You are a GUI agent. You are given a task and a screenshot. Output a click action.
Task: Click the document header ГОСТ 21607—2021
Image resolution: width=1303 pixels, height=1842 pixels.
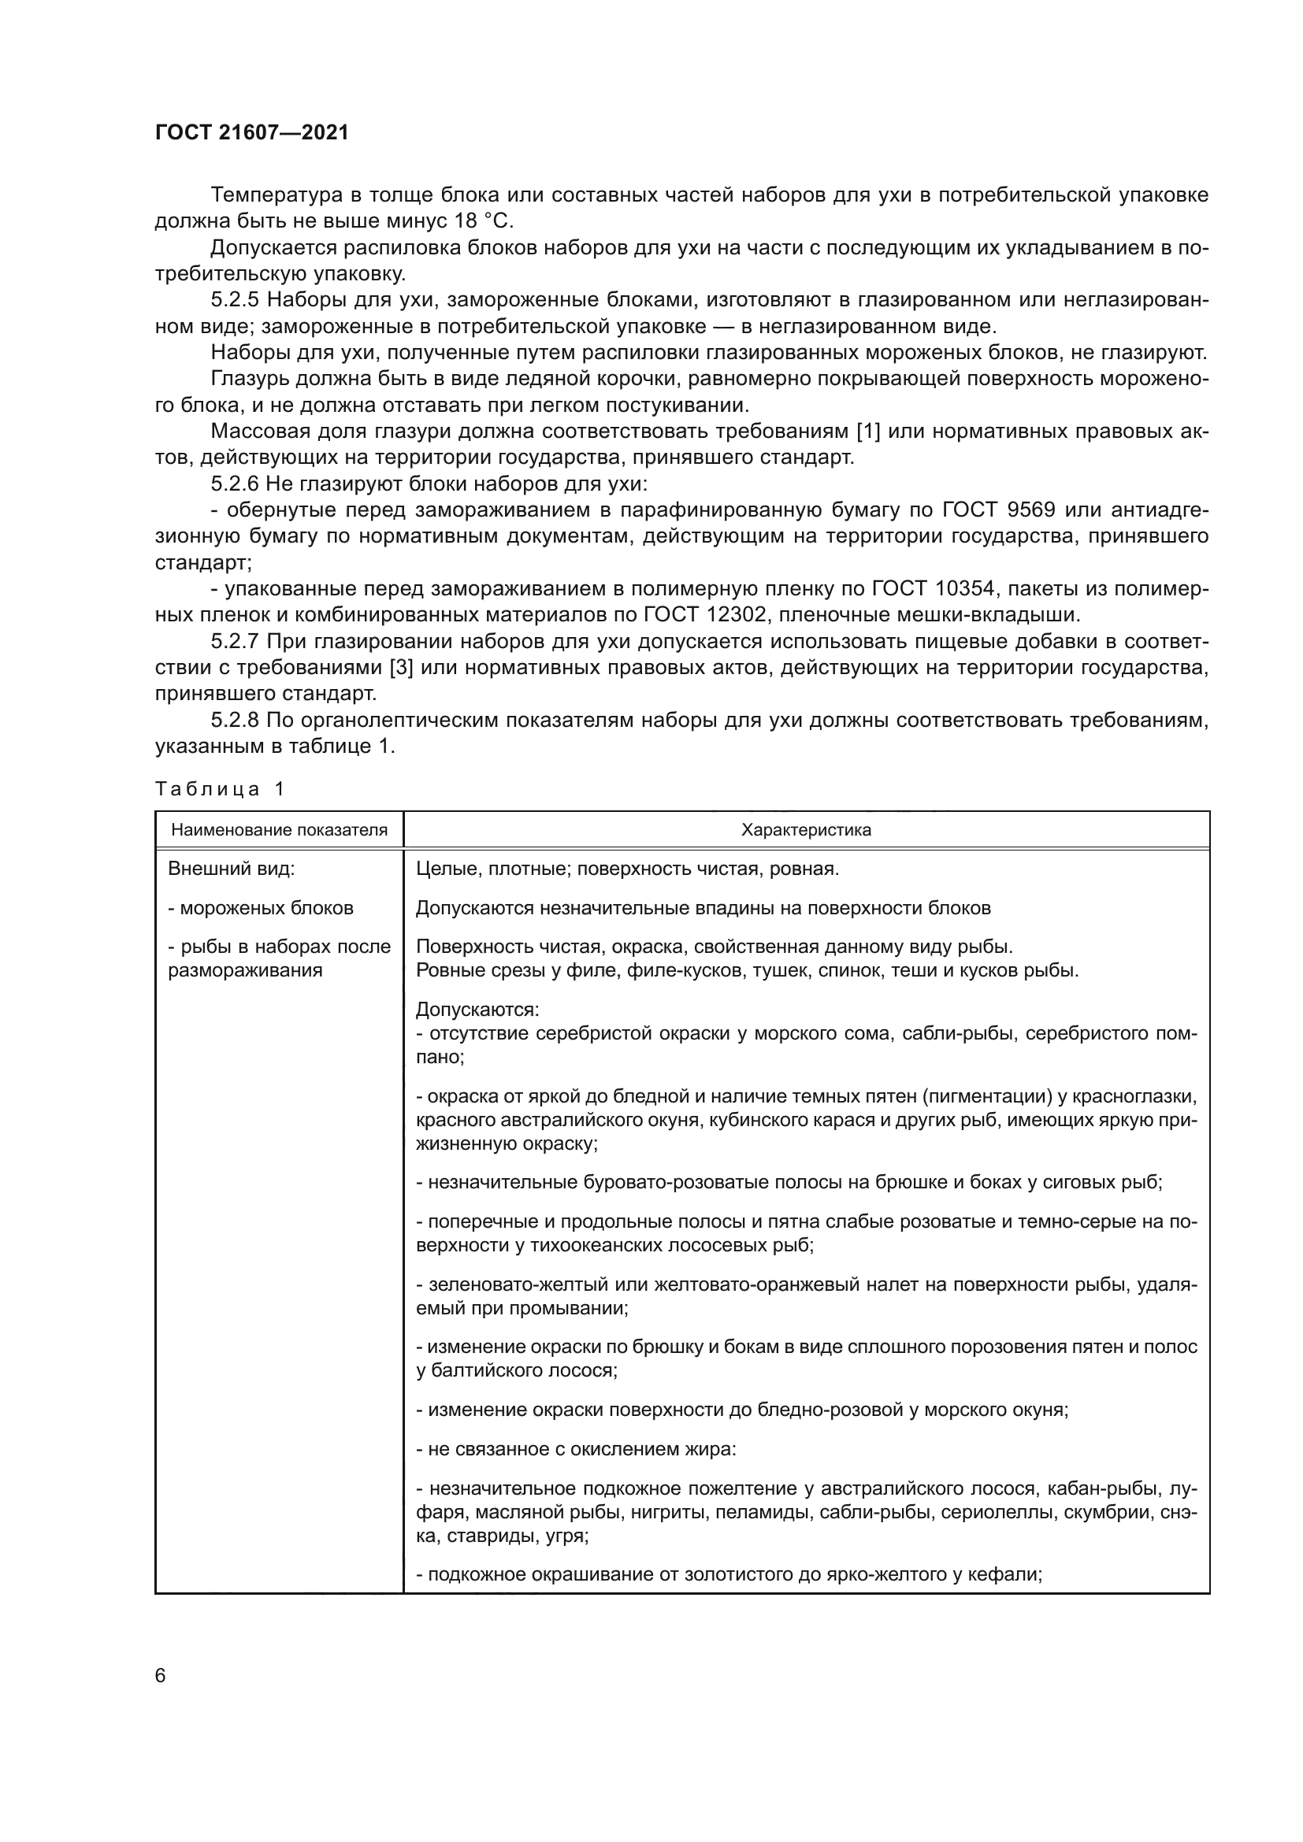[252, 132]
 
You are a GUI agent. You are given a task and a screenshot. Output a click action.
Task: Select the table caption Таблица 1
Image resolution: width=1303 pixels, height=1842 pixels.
[220, 789]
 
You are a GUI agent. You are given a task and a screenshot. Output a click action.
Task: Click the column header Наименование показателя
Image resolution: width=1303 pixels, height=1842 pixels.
[279, 830]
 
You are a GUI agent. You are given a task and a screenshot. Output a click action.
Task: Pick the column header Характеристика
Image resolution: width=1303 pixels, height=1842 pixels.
[806, 830]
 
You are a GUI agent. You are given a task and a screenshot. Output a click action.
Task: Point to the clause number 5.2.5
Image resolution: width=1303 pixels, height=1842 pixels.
[235, 300]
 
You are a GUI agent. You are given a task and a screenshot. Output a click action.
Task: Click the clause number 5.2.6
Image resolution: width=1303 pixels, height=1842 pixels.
[235, 484]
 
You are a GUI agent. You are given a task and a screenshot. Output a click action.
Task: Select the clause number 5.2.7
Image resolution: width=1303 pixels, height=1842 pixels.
[235, 641]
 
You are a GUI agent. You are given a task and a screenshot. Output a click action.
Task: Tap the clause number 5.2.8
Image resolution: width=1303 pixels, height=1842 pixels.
[235, 721]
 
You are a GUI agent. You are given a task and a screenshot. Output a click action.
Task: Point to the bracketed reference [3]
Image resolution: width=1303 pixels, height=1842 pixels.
[401, 668]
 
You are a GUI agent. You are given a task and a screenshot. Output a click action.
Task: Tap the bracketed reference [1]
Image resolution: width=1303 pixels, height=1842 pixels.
[869, 432]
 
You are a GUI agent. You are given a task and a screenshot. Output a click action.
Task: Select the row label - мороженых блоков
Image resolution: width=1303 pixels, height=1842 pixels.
[261, 908]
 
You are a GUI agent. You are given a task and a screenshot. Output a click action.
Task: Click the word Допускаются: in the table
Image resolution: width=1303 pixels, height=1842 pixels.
[477, 1010]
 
